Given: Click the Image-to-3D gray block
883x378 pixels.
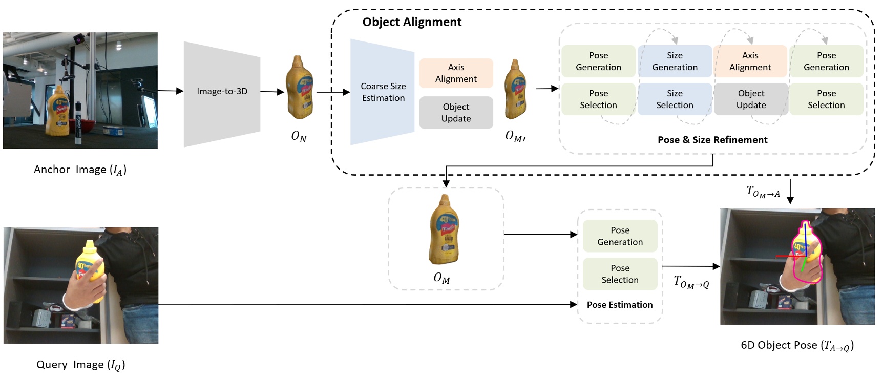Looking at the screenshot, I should [x=222, y=92].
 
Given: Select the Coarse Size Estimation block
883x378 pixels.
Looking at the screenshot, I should [x=383, y=92].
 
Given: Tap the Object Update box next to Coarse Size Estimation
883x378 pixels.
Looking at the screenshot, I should [x=456, y=113].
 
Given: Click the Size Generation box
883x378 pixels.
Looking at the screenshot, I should [x=675, y=61].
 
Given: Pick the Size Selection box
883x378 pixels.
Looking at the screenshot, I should [x=675, y=99].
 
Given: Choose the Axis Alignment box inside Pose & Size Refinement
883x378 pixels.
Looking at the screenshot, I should [x=750, y=61].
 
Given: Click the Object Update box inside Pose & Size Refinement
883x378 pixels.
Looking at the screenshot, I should [x=751, y=99].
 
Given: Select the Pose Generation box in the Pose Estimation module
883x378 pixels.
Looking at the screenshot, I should [x=620, y=236].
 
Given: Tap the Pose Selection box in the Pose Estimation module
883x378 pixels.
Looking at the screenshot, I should [x=620, y=274].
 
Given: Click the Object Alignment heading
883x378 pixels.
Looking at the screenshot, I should [x=412, y=22].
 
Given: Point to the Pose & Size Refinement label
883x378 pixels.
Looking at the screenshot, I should [x=712, y=140].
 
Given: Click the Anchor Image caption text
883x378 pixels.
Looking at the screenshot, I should [x=80, y=170].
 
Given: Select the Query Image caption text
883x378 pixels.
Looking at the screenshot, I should [x=80, y=365].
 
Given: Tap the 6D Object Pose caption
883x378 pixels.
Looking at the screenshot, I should [x=797, y=345].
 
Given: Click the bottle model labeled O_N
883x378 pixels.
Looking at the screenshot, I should [x=299, y=88].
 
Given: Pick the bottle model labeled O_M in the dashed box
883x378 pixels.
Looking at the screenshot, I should [x=444, y=230].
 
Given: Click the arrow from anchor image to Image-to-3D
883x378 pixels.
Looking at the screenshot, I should [x=170, y=91].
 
